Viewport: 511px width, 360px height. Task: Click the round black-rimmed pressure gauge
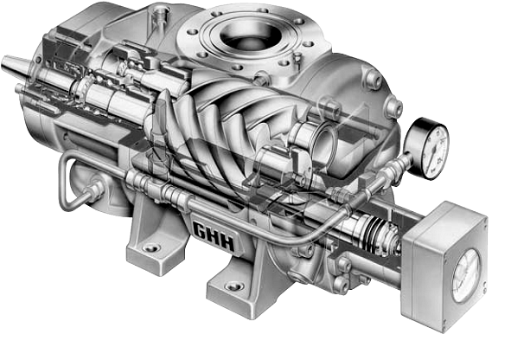coord(430,141)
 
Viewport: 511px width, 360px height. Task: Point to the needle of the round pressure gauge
coord(431,140)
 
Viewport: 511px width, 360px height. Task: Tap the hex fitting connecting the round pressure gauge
coord(406,156)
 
